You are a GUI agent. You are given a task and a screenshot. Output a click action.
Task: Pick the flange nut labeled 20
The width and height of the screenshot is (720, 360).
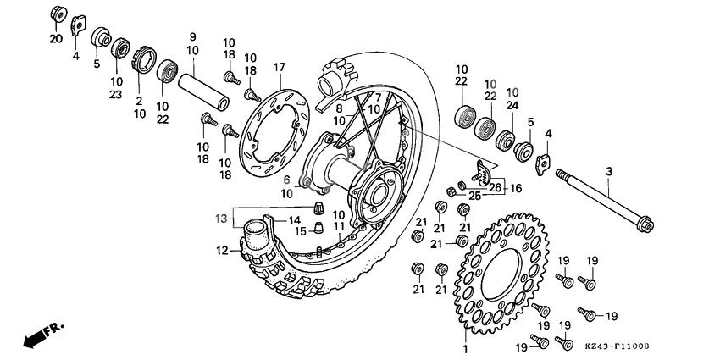click(58, 14)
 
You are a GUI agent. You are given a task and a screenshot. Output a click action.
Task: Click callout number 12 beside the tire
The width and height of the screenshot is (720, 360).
click(221, 251)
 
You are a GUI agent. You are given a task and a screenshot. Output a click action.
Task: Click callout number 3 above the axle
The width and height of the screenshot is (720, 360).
click(608, 173)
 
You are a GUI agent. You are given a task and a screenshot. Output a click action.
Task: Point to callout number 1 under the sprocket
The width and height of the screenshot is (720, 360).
click(464, 349)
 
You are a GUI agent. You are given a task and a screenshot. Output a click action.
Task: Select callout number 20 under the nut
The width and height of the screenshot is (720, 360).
click(55, 39)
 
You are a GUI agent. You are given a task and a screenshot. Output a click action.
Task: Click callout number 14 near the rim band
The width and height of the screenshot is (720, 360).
click(282, 220)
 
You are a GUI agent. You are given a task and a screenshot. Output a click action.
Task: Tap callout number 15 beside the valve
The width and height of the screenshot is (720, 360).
click(299, 231)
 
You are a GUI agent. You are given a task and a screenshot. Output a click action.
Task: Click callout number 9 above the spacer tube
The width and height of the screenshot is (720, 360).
click(192, 37)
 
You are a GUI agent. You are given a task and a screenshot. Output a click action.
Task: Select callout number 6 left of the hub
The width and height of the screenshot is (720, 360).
click(286, 180)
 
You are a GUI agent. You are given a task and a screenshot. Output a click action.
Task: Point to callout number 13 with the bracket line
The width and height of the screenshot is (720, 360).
click(221, 219)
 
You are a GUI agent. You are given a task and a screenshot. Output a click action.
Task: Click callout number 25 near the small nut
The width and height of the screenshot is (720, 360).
click(475, 197)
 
